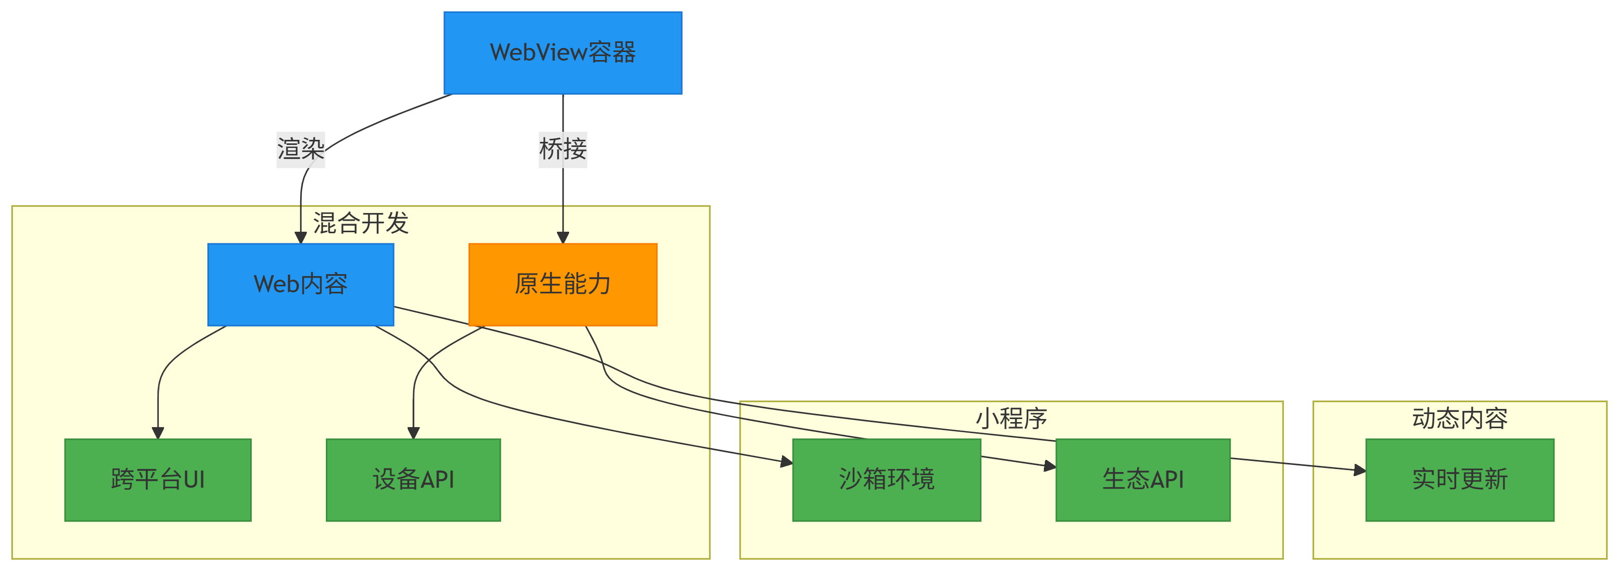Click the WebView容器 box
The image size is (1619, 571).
563,53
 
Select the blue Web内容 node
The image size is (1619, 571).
300,284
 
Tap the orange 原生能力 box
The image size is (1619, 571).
563,284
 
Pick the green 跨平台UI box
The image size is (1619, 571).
158,479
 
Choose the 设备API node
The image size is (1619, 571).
413,479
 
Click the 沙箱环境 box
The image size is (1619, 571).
886,479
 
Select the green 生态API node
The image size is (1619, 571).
1143,479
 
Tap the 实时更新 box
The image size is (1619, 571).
1460,479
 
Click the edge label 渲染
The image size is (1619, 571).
300,149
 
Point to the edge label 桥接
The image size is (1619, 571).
563,149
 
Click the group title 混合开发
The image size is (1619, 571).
361,223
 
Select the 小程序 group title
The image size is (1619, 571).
1011,418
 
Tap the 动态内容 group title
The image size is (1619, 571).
1460,418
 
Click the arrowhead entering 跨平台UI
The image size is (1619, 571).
158,433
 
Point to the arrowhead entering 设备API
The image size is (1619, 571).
413,433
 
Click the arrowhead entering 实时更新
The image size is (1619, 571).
1360,470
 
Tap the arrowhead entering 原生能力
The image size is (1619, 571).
563,238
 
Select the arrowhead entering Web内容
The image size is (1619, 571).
300,238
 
